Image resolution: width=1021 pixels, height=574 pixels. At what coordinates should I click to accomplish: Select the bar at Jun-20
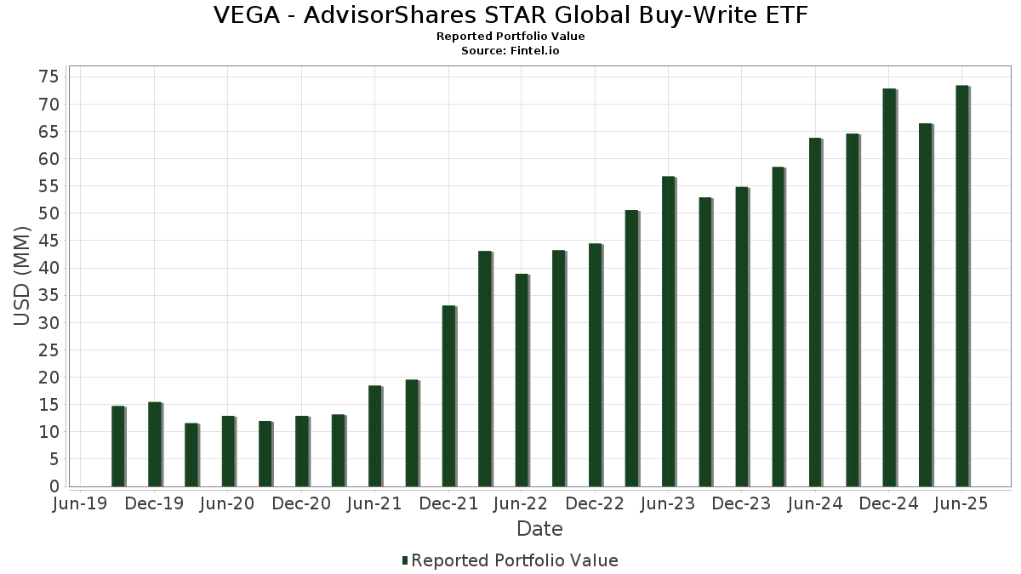[x=228, y=451]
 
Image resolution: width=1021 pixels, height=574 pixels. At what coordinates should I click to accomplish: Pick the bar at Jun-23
[x=668, y=332]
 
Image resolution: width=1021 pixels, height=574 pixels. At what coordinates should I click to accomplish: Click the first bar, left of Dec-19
[x=117, y=446]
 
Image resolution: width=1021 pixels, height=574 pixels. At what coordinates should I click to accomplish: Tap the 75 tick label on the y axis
[x=48, y=77]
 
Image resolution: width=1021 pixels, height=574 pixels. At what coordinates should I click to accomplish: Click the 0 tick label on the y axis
[x=54, y=486]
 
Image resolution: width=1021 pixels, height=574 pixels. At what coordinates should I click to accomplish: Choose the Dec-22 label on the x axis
[x=595, y=504]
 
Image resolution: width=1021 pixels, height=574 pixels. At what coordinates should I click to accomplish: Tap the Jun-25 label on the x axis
[x=961, y=504]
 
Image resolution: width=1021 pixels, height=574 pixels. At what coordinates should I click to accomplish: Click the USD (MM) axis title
[x=22, y=276]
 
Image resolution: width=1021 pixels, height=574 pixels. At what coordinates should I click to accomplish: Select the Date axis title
[x=539, y=529]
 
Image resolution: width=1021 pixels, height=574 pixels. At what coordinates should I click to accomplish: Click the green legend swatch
[x=405, y=560]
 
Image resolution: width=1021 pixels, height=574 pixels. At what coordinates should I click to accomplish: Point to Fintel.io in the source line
[x=534, y=51]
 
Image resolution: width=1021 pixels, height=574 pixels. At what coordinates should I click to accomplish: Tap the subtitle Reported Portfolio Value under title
[x=510, y=37]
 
